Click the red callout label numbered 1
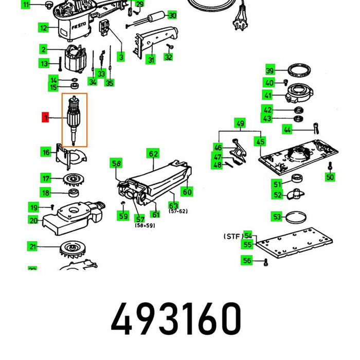[x=46, y=117]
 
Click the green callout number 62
[x=153, y=153]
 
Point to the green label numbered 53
[x=277, y=217]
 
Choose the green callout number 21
[x=33, y=247]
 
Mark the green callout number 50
[x=329, y=177]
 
